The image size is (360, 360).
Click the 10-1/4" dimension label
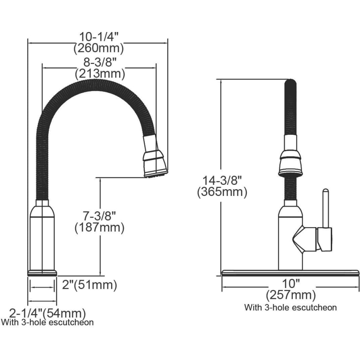point(99,37)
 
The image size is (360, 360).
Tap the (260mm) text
point(98,48)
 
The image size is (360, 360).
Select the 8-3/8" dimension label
point(100,62)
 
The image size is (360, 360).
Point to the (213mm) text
point(100,74)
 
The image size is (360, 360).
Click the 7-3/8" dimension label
point(100,216)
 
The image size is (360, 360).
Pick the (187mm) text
point(100,228)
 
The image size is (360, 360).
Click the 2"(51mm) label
point(90,285)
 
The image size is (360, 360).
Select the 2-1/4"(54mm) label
point(47,313)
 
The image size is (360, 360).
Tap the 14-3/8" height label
point(222,180)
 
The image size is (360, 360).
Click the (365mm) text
point(222,192)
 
